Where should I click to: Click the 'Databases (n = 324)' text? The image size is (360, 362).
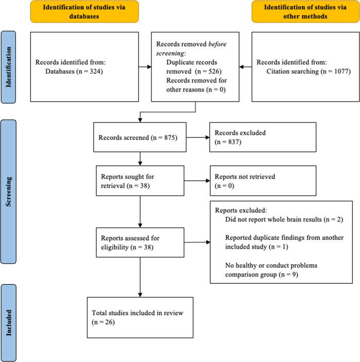click(x=75, y=71)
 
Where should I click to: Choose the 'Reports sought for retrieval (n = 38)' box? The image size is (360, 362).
click(x=139, y=181)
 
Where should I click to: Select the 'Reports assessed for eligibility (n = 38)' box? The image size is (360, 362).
click(x=139, y=242)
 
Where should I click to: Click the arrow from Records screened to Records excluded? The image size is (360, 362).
click(x=198, y=137)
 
